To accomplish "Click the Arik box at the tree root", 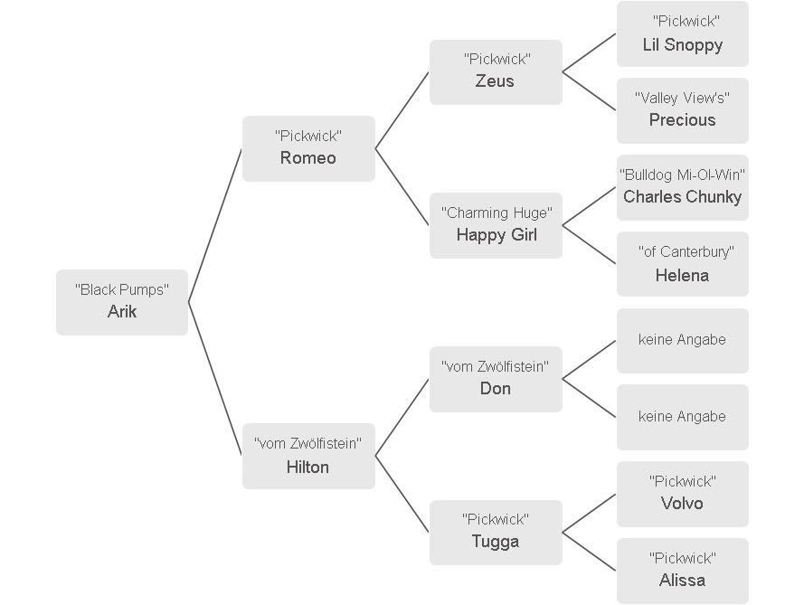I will pyautogui.click(x=122, y=302).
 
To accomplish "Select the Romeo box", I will pyautogui.click(x=308, y=148).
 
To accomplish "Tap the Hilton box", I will pyautogui.click(x=308, y=456).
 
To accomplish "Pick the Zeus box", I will pyautogui.click(x=496, y=71).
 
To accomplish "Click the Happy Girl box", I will pyautogui.click(x=496, y=225).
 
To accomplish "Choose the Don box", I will pyautogui.click(x=496, y=379).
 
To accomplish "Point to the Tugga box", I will pyautogui.click(x=496, y=533).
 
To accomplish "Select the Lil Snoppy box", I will pyautogui.click(x=683, y=33).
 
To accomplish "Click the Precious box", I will pyautogui.click(x=683, y=110).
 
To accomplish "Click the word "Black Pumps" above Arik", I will pyautogui.click(x=122, y=290).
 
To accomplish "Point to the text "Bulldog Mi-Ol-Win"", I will pyautogui.click(x=683, y=175).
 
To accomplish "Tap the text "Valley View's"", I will pyautogui.click(x=683, y=98).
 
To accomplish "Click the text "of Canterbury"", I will pyautogui.click(x=686, y=251).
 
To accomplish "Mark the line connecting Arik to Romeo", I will pyautogui.click(x=215, y=225).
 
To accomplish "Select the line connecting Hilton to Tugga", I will pyautogui.click(x=402, y=494).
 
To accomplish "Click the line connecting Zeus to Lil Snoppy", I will pyautogui.click(x=589, y=53).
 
